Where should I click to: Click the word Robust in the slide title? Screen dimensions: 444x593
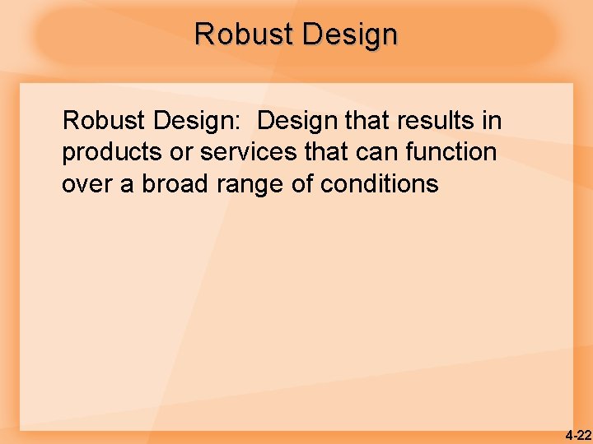point(245,35)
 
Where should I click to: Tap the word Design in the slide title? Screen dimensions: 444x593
point(350,35)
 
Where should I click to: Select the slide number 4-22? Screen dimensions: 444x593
point(578,435)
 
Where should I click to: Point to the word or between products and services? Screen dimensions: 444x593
point(184,152)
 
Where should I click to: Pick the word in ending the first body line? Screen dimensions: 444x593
point(492,121)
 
